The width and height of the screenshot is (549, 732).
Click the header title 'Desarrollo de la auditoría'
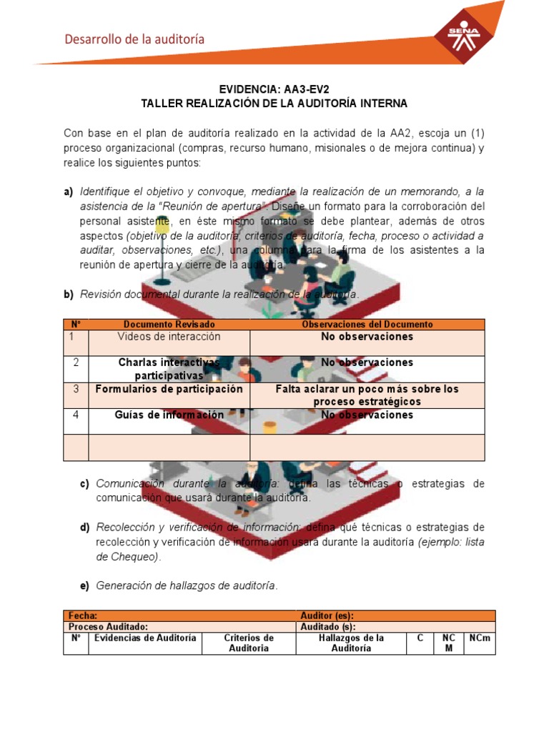point(134,39)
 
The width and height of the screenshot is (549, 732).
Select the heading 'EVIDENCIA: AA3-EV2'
point(274,90)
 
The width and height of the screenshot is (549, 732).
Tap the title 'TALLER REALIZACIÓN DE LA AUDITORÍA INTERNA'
point(274,104)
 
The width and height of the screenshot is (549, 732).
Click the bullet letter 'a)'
point(69,192)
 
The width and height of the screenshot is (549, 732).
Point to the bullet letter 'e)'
point(84,585)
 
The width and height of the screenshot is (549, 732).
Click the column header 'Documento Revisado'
point(169,325)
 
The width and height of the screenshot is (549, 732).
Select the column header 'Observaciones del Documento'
point(367,325)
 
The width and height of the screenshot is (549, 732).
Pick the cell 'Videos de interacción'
point(169,337)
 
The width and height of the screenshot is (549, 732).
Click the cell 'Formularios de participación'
point(169,390)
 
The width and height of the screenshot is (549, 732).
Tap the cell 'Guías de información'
point(169,415)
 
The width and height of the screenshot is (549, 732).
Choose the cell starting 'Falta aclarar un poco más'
point(367,395)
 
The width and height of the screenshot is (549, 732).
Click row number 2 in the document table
point(76,362)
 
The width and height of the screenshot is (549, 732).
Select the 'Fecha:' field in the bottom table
point(83,615)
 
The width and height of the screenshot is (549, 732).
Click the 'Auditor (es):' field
point(327,615)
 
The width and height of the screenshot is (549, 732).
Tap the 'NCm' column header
point(480,638)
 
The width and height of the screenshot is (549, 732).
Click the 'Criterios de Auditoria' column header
point(249,643)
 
